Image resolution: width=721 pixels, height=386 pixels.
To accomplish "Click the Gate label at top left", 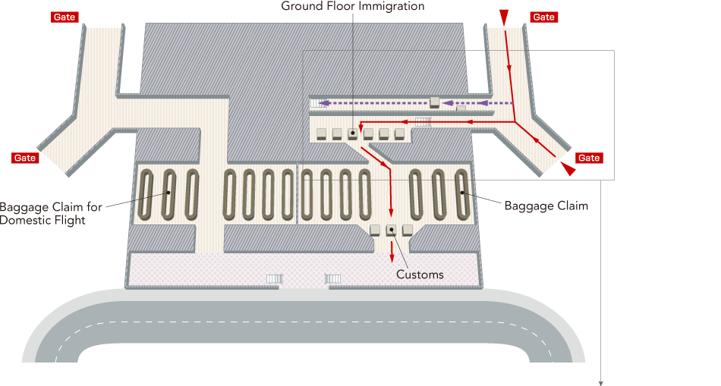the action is click(x=65, y=17).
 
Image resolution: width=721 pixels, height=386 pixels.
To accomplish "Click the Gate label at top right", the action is click(x=543, y=17).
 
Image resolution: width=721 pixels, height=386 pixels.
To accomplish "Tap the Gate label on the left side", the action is click(x=25, y=158).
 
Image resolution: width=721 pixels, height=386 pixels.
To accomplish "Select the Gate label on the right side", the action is click(x=589, y=158).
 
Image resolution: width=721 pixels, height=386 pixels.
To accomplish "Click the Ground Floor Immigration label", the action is click(x=353, y=6).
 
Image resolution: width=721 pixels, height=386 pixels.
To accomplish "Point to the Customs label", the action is click(x=420, y=275).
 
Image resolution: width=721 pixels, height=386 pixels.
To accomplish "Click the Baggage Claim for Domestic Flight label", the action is click(x=51, y=213).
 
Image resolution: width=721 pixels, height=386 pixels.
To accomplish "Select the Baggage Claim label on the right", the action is click(x=546, y=206).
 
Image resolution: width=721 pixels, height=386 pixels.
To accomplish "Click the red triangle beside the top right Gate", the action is click(x=505, y=17).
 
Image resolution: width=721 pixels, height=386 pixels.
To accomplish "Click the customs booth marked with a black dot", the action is click(x=391, y=231).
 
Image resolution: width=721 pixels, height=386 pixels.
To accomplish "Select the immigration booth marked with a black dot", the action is click(x=353, y=133).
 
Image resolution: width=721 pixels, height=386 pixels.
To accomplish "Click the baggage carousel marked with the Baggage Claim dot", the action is click(x=461, y=194).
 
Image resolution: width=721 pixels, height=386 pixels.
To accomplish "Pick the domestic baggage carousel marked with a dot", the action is click(x=169, y=194).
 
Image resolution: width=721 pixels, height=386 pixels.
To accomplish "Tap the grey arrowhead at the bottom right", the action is click(x=600, y=383).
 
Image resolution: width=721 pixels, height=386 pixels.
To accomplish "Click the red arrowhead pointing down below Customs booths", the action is click(x=392, y=259).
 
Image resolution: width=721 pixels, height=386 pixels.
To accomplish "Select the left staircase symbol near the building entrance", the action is click(x=275, y=279).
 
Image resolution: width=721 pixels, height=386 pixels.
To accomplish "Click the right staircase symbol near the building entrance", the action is click(x=333, y=279).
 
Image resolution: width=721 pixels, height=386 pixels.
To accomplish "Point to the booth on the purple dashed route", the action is click(x=435, y=103).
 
